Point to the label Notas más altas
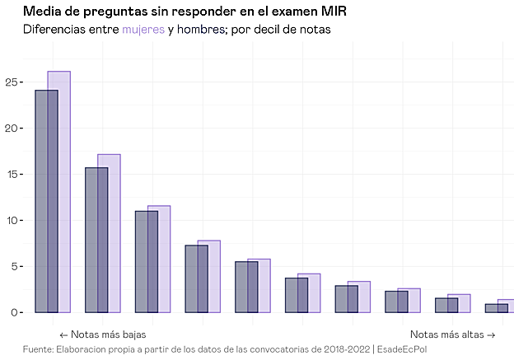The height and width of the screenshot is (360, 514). coord(452,334)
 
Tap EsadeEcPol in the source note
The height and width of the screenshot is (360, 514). coord(403,348)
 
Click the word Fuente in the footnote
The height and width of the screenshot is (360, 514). coord(38,348)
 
